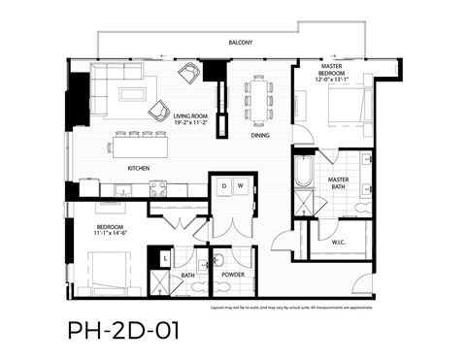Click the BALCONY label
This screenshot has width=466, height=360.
[x=241, y=43]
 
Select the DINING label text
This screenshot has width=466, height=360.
[x=260, y=137]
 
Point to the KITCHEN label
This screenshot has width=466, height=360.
[x=139, y=168]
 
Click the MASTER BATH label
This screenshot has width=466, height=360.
[x=339, y=185]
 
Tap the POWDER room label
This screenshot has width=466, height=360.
[x=232, y=275]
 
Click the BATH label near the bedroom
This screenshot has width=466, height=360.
[x=188, y=275]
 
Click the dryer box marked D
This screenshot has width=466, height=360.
[x=223, y=184]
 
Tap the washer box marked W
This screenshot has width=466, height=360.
[x=241, y=184]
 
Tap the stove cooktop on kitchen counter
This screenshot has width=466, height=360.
[x=157, y=189]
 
